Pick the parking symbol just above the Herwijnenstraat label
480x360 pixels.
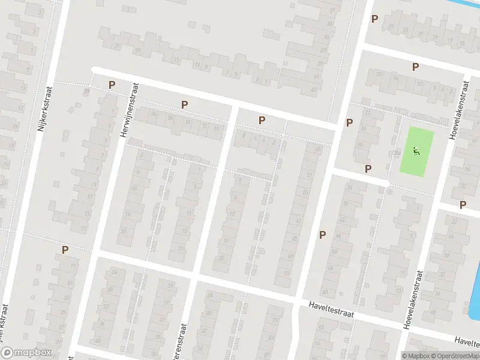pyautogui.click(x=111, y=85)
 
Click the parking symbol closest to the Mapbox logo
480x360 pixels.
pyautogui.click(x=65, y=250)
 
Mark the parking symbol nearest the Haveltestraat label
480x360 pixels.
pyautogui.click(x=322, y=235)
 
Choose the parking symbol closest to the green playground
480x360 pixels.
pyautogui.click(x=368, y=169)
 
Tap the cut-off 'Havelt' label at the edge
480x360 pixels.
pyautogui.click(x=467, y=341)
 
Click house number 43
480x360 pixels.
pyautogui.click(x=313, y=90)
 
